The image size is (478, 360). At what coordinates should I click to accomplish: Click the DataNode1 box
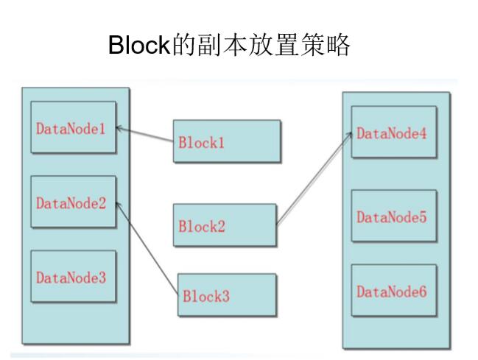[73, 127]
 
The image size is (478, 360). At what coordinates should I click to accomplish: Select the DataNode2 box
[73, 202]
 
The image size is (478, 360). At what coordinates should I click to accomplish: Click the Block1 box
[226, 141]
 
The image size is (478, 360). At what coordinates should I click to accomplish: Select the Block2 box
[224, 225]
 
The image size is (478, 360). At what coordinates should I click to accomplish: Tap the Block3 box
[227, 296]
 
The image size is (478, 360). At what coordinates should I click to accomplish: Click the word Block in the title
[140, 45]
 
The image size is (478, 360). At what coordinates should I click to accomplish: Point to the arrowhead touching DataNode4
[348, 133]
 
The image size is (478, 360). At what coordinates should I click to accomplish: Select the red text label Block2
[201, 226]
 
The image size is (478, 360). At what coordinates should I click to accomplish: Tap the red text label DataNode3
[71, 278]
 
